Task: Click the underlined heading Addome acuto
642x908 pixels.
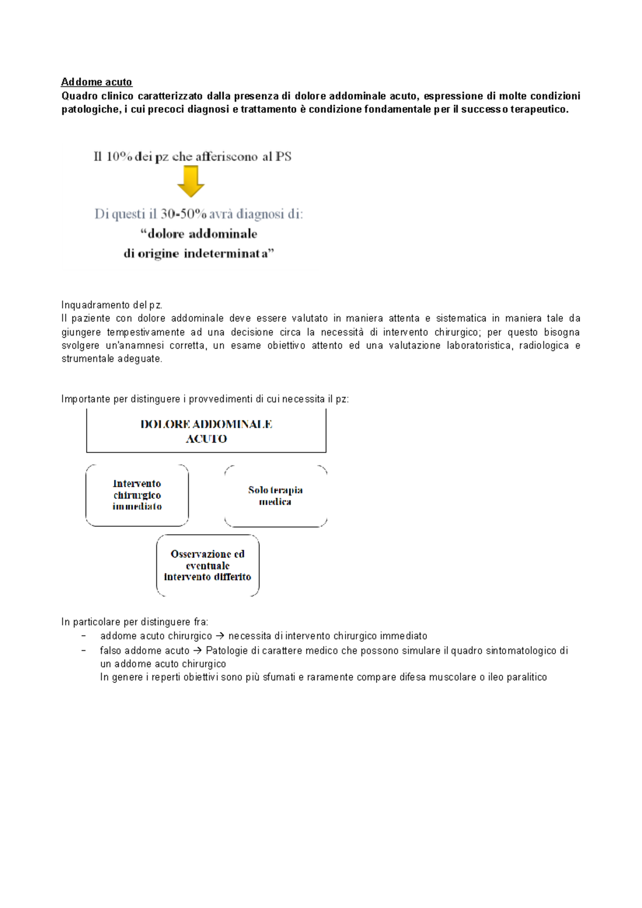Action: [x=96, y=82]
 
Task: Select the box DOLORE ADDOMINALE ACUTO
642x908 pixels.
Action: [x=206, y=431]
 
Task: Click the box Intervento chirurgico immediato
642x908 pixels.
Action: [x=137, y=495]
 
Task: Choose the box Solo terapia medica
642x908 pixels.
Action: [x=275, y=496]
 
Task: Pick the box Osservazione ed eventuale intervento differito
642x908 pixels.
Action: [x=208, y=565]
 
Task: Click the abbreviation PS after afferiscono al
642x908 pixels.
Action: [x=284, y=157]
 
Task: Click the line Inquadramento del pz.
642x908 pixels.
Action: [x=112, y=305]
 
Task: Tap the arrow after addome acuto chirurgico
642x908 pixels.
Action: [x=220, y=636]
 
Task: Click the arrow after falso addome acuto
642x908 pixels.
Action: [x=197, y=650]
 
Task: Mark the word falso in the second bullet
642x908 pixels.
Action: [x=111, y=650]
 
